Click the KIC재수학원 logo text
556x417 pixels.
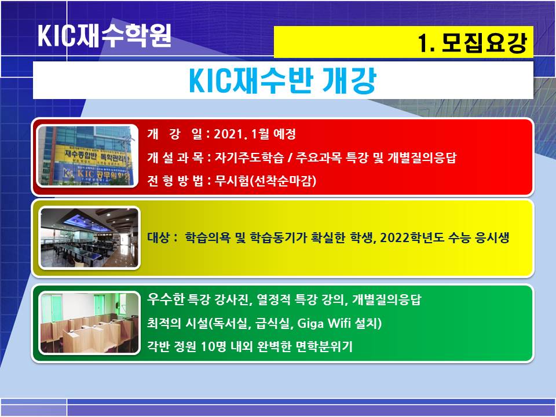click(x=105, y=35)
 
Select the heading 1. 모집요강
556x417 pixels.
click(x=473, y=43)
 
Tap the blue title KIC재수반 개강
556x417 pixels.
click(x=282, y=81)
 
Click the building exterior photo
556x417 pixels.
click(x=87, y=156)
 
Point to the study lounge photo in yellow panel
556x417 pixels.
click(x=89, y=237)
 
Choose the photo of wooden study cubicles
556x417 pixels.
click(x=89, y=323)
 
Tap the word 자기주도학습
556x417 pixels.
click(x=249, y=158)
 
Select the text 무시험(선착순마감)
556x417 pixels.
click(x=265, y=181)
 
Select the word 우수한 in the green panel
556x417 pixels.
click(x=166, y=299)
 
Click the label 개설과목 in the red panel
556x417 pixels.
click(x=175, y=158)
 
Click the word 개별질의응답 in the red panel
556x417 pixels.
click(x=422, y=158)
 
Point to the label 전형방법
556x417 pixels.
click(x=175, y=181)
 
